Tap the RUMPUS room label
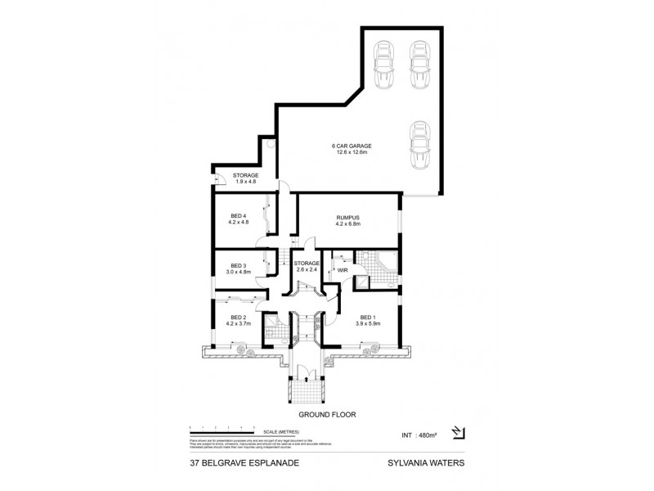348,217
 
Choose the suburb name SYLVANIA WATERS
425,461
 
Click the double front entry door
307,376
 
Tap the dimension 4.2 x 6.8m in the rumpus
348,223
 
